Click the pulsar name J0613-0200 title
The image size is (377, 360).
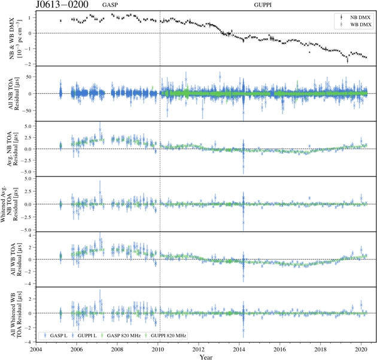[x=62, y=5]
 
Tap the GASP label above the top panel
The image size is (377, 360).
[x=110, y=5]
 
